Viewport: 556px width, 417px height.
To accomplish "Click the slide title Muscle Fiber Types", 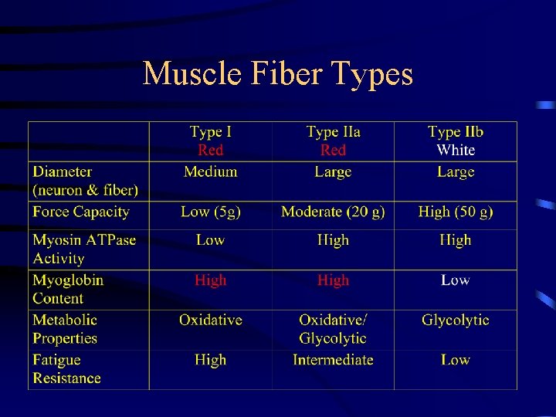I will (x=278, y=74).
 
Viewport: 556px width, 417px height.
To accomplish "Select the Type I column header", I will (x=210, y=132).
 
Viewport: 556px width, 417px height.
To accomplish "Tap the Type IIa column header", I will (x=333, y=132).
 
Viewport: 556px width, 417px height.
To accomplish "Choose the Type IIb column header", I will (x=455, y=132).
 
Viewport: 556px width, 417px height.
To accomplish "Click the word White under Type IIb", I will (x=456, y=151).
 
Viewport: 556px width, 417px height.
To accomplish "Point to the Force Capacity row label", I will (x=81, y=212).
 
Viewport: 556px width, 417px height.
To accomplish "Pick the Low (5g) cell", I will (x=210, y=212).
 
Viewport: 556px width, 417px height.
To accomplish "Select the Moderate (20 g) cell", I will (x=333, y=212).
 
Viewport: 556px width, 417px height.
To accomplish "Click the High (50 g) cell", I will (x=456, y=212).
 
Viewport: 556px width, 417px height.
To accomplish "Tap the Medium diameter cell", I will (x=210, y=171).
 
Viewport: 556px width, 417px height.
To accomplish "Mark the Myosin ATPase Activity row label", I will (x=84, y=249).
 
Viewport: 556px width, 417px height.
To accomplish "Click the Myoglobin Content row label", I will (x=68, y=289).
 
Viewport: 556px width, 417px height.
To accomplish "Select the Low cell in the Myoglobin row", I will (x=456, y=280).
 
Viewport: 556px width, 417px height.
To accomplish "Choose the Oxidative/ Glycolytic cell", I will (x=333, y=329).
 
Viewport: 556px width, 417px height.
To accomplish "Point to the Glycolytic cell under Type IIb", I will (x=456, y=320).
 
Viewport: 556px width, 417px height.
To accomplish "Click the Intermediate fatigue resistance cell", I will (x=333, y=360).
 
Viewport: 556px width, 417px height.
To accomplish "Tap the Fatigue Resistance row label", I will (x=66, y=369).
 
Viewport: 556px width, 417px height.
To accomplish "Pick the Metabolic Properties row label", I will (x=65, y=329).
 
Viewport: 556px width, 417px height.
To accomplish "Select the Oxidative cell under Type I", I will (x=210, y=320).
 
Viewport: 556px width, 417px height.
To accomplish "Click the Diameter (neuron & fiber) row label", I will (x=85, y=181).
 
